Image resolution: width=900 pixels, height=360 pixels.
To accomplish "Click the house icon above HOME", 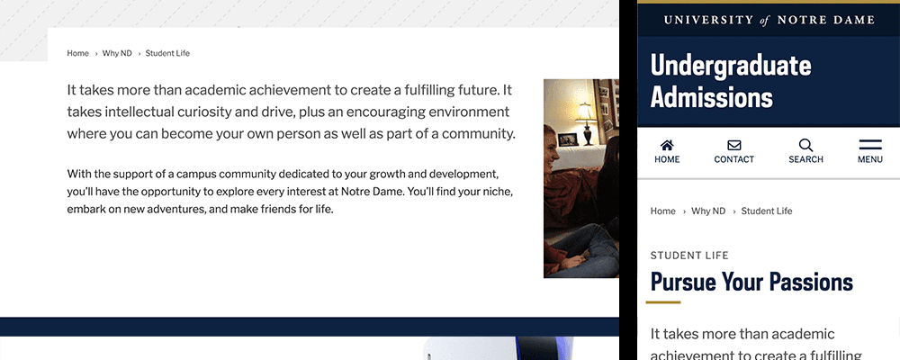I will [x=667, y=145].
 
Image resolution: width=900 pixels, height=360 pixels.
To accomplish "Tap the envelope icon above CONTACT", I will [x=733, y=145].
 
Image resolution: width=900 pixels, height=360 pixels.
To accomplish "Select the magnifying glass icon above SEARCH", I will [x=805, y=145].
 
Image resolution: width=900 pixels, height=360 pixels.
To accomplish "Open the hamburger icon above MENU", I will [x=869, y=145].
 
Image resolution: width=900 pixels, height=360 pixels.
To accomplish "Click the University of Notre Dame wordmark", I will [x=768, y=20].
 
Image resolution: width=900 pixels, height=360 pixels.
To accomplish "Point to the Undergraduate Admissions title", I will [x=730, y=81].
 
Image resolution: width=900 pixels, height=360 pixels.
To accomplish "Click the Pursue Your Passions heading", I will [x=751, y=282].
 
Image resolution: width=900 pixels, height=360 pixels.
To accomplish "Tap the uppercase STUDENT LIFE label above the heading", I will [x=689, y=256].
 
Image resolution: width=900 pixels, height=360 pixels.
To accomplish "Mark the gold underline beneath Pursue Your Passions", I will [x=663, y=302].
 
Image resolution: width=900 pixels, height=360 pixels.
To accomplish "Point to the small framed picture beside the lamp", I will [x=567, y=139].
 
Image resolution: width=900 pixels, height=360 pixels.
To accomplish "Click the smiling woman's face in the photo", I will [x=550, y=144].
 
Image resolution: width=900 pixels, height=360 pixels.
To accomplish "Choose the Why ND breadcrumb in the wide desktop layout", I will [x=117, y=53].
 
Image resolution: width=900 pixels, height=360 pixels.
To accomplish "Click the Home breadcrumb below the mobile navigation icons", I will [x=662, y=211].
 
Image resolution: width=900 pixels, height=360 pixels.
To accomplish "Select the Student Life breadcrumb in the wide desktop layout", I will [x=167, y=53].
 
